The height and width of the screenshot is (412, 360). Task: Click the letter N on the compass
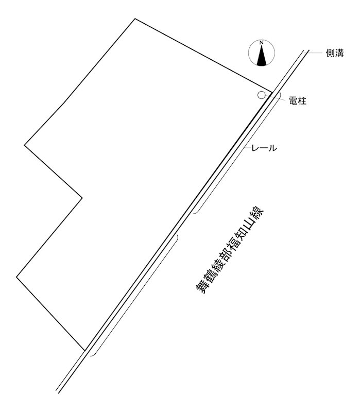pyautogui.click(x=261, y=43)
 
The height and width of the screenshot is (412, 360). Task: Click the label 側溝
pyautogui.click(x=335, y=53)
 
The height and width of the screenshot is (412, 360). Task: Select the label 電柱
pyautogui.click(x=298, y=100)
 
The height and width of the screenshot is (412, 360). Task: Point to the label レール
pyautogui.click(x=264, y=148)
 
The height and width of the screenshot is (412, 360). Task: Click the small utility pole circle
pyautogui.click(x=261, y=95)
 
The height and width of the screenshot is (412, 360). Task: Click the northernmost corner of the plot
pyautogui.click(x=135, y=19)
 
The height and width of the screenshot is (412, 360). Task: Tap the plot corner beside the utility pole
pyautogui.click(x=272, y=92)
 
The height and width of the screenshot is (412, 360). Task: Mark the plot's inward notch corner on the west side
pyautogui.click(x=82, y=198)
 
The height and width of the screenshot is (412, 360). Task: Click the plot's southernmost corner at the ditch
pyautogui.click(x=85, y=351)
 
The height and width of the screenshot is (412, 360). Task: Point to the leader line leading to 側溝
pyautogui.click(x=314, y=53)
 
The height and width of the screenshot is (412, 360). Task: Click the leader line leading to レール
pyautogui.click(x=247, y=148)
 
